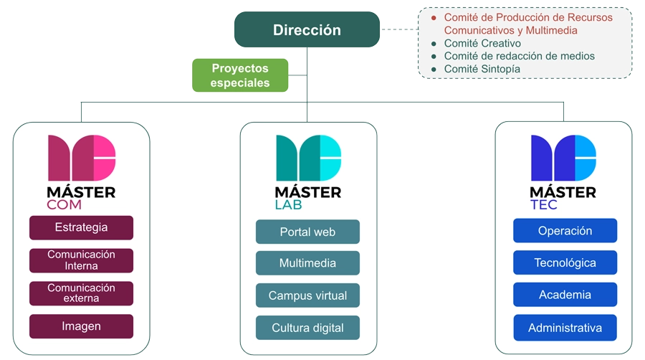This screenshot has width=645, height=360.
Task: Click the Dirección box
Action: click(x=307, y=29)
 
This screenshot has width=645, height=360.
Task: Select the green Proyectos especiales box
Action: click(x=240, y=75)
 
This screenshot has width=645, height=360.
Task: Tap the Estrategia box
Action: click(x=82, y=227)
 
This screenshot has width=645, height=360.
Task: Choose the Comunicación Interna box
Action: click(x=82, y=260)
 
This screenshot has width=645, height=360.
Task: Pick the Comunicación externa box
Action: click(x=82, y=293)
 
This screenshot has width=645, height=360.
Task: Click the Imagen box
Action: click(x=82, y=326)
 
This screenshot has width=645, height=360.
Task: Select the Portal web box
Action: click(x=307, y=232)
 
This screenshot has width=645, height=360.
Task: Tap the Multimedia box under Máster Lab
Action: click(x=307, y=263)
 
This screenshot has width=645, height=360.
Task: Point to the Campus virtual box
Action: click(x=307, y=295)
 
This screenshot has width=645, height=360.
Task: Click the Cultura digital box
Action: click(x=307, y=328)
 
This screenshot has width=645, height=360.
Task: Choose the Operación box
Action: click(x=565, y=230)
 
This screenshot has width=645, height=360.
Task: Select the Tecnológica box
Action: click(x=565, y=262)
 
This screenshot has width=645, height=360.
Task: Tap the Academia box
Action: click(x=565, y=295)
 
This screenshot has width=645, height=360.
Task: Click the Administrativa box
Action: click(x=565, y=328)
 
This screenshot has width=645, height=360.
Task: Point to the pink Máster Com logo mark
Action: click(x=82, y=158)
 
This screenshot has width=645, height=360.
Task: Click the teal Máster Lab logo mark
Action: click(x=308, y=158)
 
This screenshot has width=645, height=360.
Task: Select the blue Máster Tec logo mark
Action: click(x=563, y=158)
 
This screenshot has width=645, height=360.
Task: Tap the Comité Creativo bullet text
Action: click(x=482, y=43)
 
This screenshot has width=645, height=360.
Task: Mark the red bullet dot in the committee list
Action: click(x=434, y=18)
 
